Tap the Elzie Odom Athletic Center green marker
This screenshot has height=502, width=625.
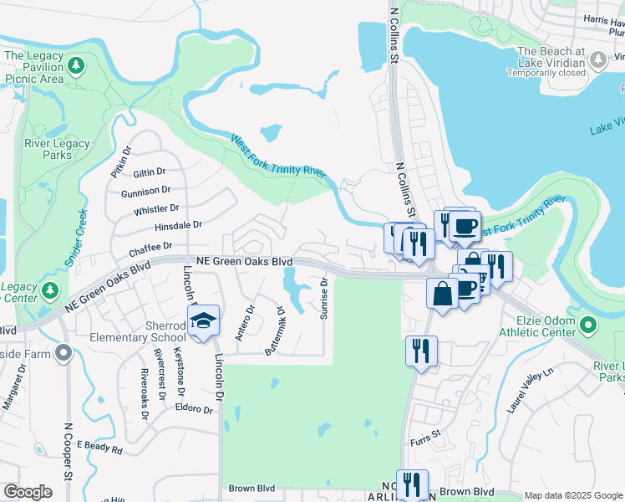click(587, 324)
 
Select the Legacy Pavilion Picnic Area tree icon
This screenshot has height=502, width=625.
click(77, 64)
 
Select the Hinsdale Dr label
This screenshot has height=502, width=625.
click(178, 226)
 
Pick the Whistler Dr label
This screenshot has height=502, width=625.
click(156, 208)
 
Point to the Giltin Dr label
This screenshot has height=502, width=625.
click(150, 172)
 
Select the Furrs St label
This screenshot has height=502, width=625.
click(424, 440)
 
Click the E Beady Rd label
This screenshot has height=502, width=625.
click(99, 447)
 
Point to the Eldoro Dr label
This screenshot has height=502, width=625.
click(195, 410)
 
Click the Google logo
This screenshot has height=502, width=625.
click(28, 492)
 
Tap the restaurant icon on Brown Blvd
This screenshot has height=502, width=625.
click(412, 484)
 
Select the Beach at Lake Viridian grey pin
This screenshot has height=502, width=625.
click(598, 60)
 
